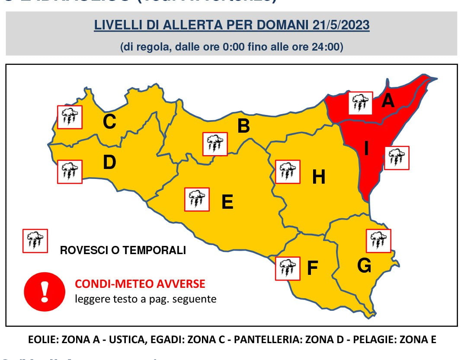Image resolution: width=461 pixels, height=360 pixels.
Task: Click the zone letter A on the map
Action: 388,101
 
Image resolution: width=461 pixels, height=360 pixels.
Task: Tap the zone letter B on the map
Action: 243,126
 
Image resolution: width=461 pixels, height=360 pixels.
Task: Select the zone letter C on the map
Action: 109,121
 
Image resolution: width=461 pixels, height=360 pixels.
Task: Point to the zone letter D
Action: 109,162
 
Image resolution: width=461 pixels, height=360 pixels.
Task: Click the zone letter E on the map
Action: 227,202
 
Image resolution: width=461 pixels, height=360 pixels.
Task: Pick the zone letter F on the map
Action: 312,268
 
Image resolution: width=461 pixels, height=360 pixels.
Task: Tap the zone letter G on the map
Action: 364,266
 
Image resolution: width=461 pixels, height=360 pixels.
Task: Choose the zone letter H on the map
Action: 319,176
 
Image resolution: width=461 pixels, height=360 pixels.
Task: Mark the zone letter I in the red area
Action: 366,149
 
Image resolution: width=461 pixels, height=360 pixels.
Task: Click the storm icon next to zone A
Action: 360,103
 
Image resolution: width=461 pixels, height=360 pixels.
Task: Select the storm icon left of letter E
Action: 197,199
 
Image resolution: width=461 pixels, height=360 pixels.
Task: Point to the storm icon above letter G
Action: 378,241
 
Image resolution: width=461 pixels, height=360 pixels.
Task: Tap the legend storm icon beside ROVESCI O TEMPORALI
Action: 35,241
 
